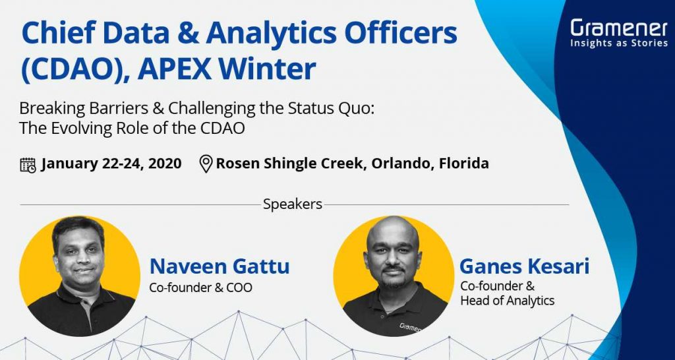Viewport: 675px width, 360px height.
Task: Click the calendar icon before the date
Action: coord(28,164)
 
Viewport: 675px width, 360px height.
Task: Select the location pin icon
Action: coord(206,164)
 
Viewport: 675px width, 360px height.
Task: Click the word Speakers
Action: coord(293,204)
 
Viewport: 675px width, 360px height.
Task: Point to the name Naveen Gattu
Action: coord(220,267)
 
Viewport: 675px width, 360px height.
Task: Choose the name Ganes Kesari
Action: coord(524,267)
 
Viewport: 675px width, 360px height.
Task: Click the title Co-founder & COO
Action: coord(201,287)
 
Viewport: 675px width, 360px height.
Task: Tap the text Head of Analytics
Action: coord(507,301)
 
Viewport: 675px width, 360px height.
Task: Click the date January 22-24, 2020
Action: coord(111,164)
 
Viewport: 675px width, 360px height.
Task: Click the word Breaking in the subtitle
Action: coord(47,108)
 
